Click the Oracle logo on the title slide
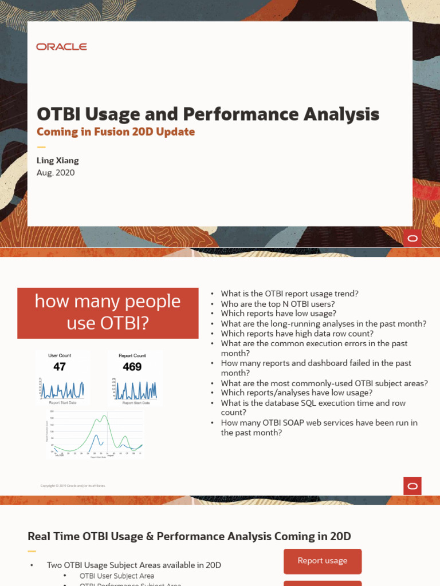click(61, 47)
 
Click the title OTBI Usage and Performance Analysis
click(207, 114)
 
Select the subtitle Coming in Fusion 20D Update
click(116, 132)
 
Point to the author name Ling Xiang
click(58, 160)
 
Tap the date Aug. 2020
click(56, 173)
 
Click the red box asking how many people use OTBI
click(108, 312)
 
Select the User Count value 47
click(60, 367)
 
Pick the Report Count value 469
click(132, 367)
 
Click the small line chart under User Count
click(62, 389)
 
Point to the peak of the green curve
click(104, 416)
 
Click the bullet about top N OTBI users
click(278, 304)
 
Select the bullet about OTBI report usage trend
click(289, 294)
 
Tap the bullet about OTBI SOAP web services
click(319, 427)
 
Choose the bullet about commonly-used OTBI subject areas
click(324, 383)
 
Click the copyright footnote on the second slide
click(73, 486)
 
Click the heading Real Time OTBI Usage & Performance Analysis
click(189, 536)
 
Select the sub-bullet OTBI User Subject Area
click(117, 576)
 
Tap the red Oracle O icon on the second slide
click(412, 486)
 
